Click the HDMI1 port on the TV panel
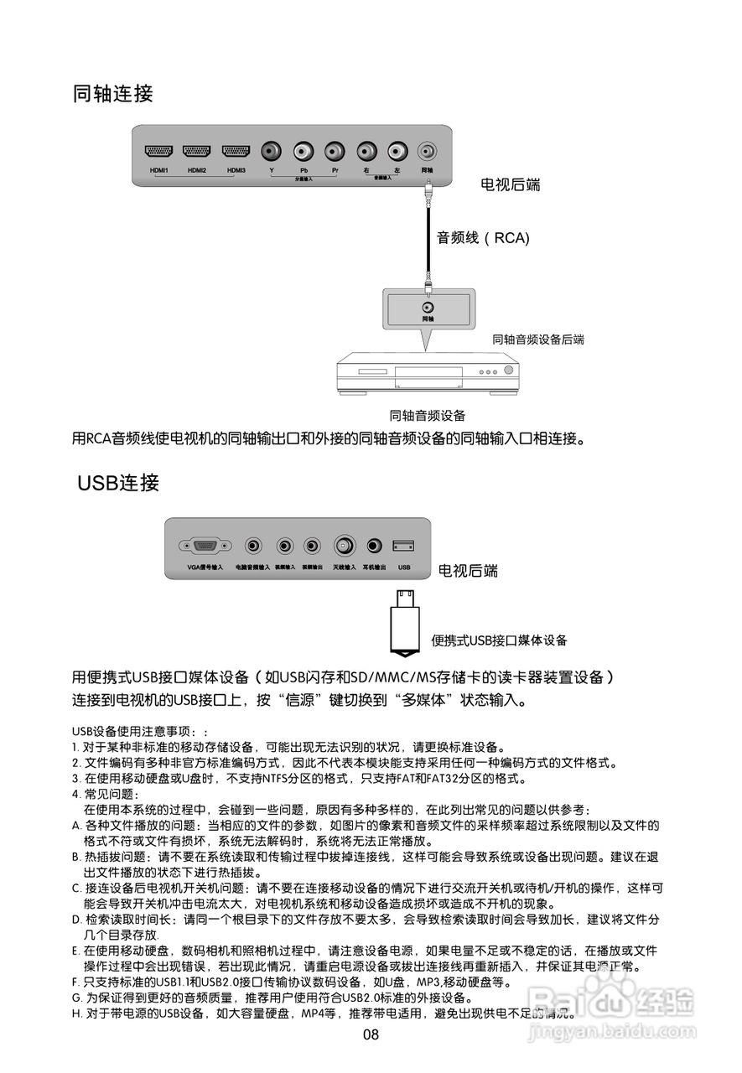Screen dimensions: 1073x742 coord(158,152)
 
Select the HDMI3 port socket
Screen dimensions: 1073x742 coord(236,152)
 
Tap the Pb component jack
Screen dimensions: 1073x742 coord(303,152)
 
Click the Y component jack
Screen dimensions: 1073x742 coord(272,152)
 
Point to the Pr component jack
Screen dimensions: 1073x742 coord(335,152)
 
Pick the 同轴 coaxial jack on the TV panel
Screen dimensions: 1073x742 coord(428,152)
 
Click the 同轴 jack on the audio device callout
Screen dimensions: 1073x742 coord(428,306)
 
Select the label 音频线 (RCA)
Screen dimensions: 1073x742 coord(483,238)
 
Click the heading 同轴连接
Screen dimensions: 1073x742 coord(113,93)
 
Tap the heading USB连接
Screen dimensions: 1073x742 coord(118,483)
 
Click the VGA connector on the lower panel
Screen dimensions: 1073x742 coord(205,547)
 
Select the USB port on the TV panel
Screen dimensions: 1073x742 coord(403,547)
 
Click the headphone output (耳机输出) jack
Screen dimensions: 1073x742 coord(374,547)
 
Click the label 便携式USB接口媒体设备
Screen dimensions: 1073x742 coord(499,640)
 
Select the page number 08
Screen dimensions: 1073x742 coord(371,1034)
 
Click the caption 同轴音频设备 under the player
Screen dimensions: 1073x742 coord(428,415)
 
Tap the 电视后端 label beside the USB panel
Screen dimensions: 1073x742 coord(468,571)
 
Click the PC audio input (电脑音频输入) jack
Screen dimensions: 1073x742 coord(252,547)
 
